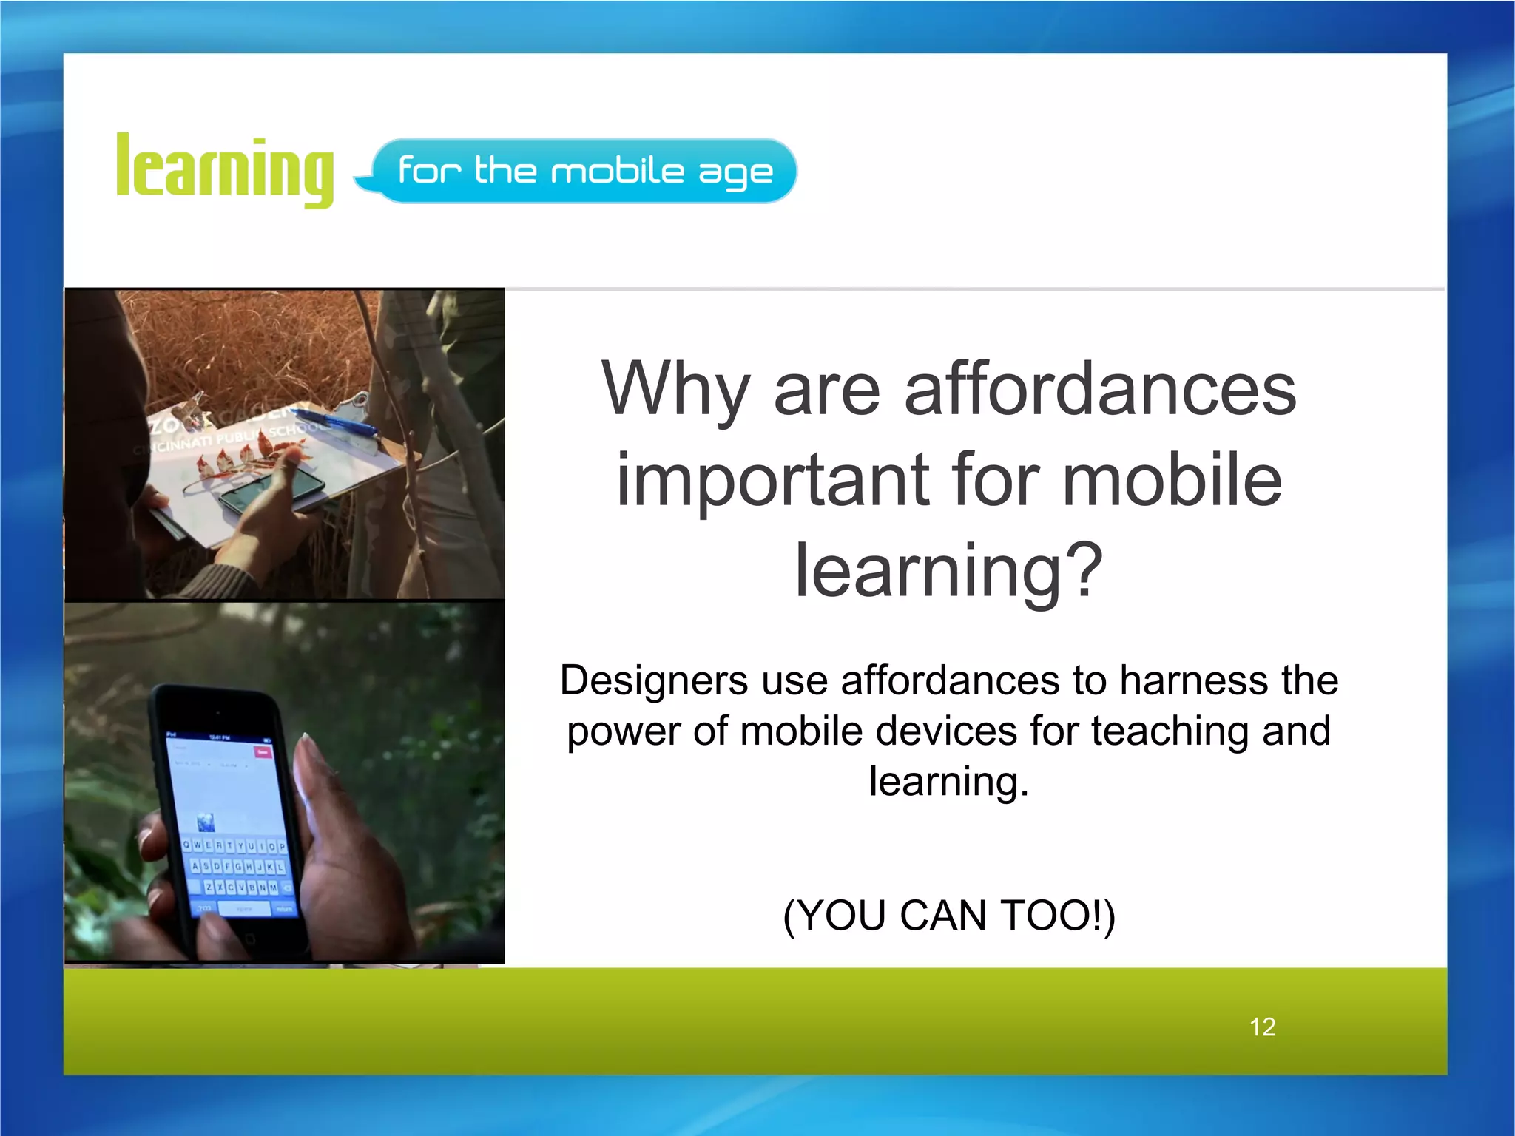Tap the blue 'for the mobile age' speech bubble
(x=584, y=171)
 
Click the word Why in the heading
(x=676, y=390)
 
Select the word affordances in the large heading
(x=1100, y=390)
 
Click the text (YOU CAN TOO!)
(x=948, y=916)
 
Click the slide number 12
(x=1262, y=1027)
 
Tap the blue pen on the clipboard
(x=342, y=424)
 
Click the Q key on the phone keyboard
(x=187, y=845)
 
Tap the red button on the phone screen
(x=263, y=752)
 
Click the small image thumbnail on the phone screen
(x=206, y=821)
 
